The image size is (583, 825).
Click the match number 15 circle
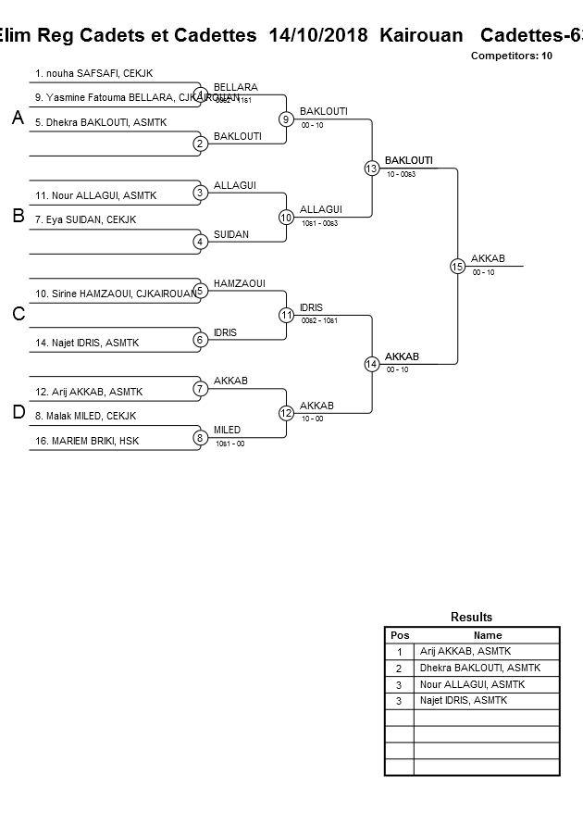457,266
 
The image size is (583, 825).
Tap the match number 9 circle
286,119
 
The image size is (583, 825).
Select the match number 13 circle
371,168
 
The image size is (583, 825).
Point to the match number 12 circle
286,413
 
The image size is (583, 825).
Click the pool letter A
18,118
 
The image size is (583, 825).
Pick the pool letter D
18,413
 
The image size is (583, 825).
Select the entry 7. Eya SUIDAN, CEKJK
85,219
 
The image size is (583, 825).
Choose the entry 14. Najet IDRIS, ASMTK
87,343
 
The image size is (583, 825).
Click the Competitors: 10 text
511,56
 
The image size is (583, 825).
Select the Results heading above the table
471,617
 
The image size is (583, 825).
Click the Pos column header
400,635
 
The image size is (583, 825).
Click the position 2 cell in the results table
399,668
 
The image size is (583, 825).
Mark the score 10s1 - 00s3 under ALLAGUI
319,223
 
